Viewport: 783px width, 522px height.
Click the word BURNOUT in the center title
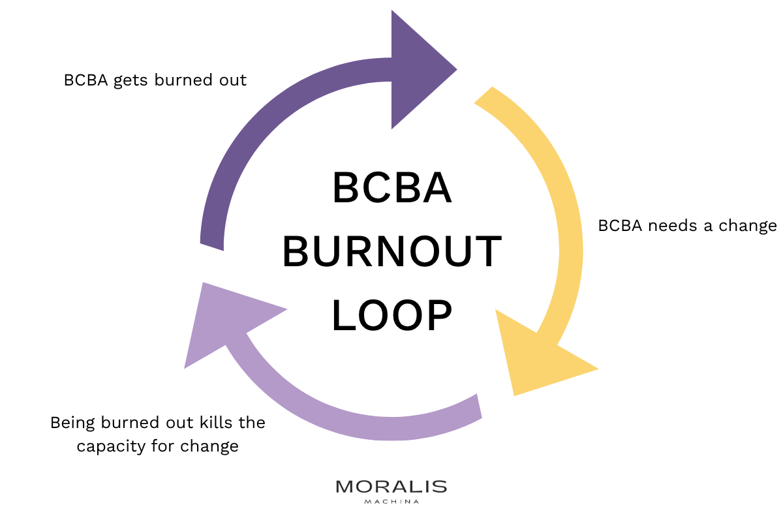pyautogui.click(x=392, y=251)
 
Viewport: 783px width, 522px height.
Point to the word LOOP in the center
pyautogui.click(x=392, y=315)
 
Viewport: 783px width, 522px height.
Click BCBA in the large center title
pyautogui.click(x=392, y=187)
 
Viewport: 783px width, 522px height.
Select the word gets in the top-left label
pyautogui.click(x=130, y=81)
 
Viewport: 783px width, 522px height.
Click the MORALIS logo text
pyautogui.click(x=391, y=487)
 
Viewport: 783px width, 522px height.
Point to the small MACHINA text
pyautogui.click(x=391, y=502)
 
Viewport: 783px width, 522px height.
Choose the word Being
pyautogui.click(x=72, y=423)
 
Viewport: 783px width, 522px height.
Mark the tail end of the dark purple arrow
pyautogui.click(x=212, y=247)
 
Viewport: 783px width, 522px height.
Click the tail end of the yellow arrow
pyautogui.click(x=484, y=95)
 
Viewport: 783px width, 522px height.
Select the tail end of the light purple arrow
pyautogui.click(x=480, y=406)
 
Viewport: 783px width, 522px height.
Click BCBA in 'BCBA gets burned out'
pyautogui.click(x=85, y=80)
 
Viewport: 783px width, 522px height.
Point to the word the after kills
pyautogui.click(x=252, y=422)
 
